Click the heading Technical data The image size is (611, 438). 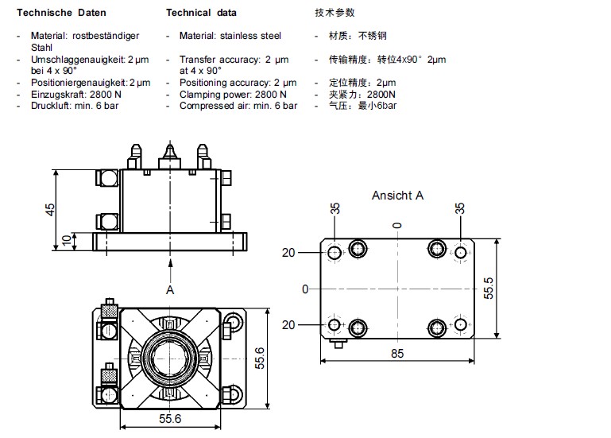coord(200,13)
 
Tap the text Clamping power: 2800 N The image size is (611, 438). coord(232,94)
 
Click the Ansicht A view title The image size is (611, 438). coord(397,195)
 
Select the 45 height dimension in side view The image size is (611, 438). coord(50,208)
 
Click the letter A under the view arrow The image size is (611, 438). coord(169,290)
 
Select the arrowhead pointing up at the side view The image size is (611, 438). coord(169,262)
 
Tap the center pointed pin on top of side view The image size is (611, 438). coord(168,151)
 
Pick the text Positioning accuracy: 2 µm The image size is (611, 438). coord(238,83)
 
